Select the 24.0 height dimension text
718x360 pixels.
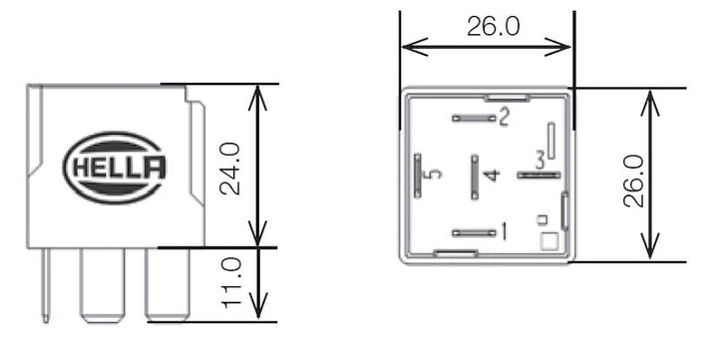point(230,167)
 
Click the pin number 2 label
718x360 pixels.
point(505,119)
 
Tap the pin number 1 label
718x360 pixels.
point(505,233)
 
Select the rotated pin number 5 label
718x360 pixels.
point(432,177)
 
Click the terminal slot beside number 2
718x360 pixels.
point(474,119)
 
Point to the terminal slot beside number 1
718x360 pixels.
point(474,233)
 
